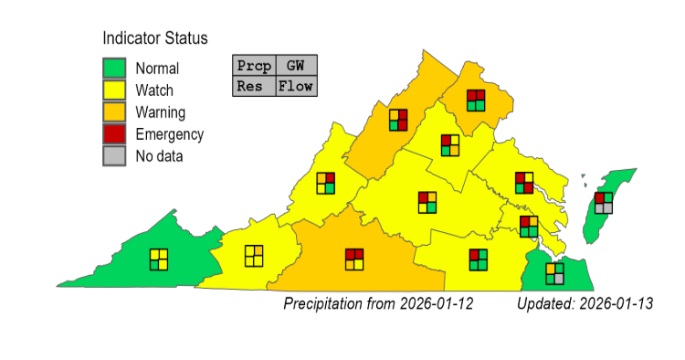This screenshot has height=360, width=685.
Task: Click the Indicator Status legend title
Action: tap(154, 38)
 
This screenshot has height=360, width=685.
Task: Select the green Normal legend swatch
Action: tap(114, 69)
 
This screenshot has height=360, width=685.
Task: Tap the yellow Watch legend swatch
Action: tap(114, 90)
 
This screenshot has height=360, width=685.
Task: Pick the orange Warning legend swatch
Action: tap(114, 112)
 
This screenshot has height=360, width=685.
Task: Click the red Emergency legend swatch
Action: tap(114, 134)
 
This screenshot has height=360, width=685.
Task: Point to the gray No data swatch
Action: tap(114, 156)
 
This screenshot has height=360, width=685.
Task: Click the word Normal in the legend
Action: tap(157, 69)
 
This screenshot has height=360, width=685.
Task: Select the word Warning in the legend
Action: tap(161, 112)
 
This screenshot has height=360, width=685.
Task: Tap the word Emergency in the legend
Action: tap(169, 134)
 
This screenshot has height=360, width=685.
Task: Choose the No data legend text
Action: tap(159, 156)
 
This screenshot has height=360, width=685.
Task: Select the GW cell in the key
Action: tap(296, 66)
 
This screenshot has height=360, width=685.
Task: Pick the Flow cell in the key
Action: tap(296, 87)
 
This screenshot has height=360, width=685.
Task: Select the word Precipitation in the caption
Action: tap(327, 302)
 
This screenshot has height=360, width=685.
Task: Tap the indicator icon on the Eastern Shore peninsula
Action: tap(604, 203)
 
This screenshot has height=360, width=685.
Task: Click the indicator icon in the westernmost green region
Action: tap(159, 259)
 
